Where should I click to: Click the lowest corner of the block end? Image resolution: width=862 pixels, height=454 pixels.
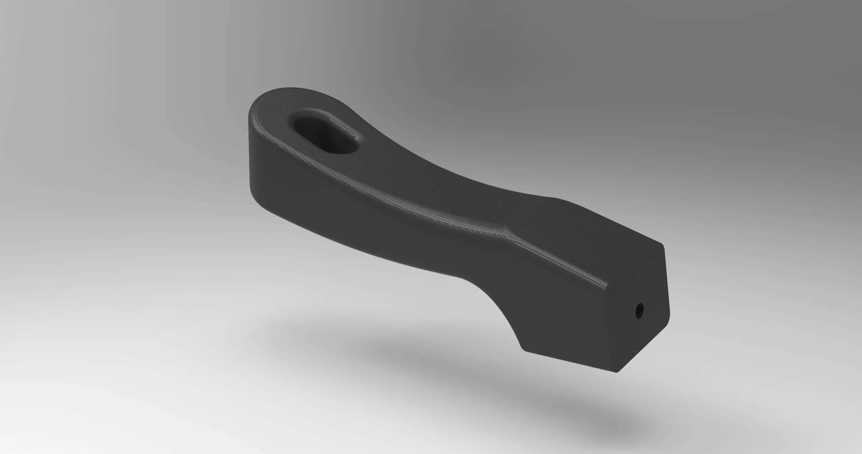[x=617, y=372]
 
